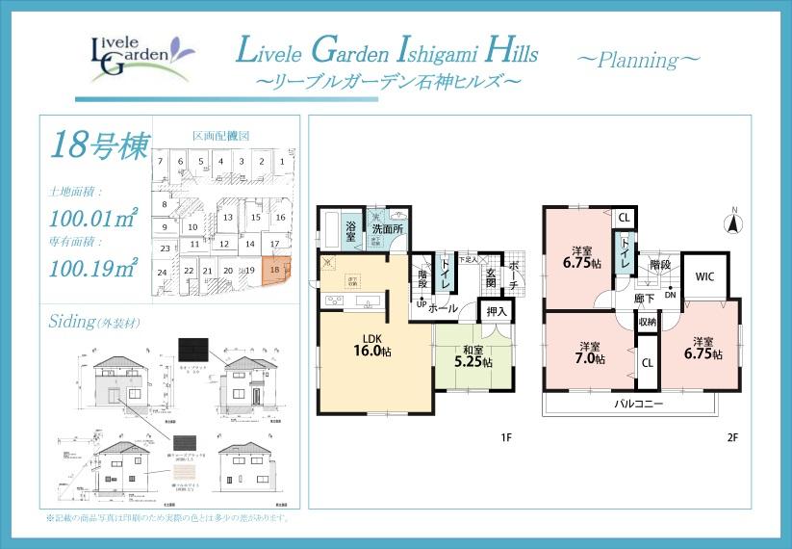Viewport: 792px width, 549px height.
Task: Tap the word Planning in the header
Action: click(x=638, y=59)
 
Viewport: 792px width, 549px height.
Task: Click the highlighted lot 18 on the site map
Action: click(x=276, y=271)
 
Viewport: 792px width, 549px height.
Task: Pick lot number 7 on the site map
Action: click(x=160, y=162)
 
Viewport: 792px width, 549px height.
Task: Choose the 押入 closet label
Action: click(x=497, y=312)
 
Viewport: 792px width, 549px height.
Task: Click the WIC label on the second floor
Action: click(x=704, y=275)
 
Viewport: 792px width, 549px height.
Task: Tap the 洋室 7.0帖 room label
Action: click(x=591, y=353)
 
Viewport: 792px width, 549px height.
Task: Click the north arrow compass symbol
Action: click(x=733, y=223)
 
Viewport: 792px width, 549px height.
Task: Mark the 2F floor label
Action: click(x=731, y=438)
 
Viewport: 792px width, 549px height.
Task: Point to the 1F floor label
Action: click(x=506, y=438)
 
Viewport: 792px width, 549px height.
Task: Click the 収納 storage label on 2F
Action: click(x=647, y=321)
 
